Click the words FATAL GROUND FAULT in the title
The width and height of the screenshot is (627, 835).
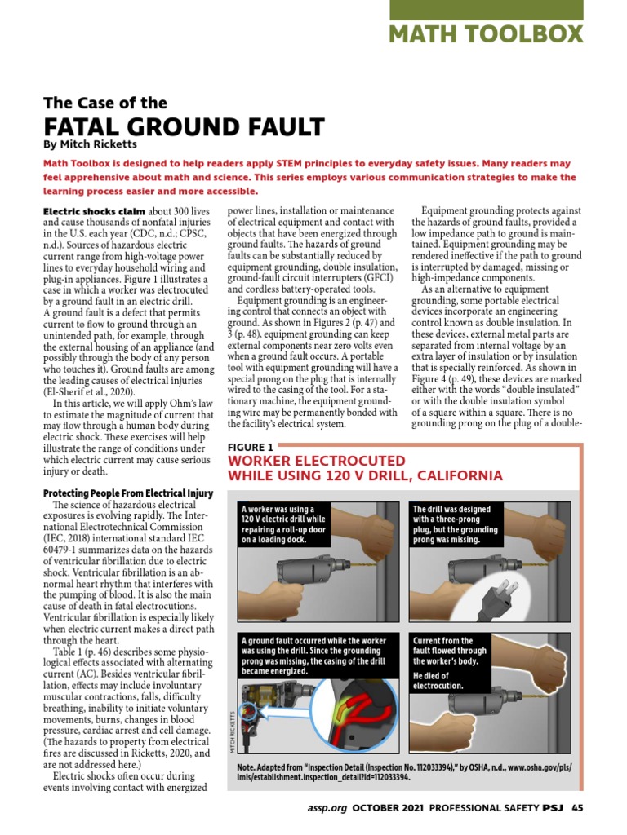(x=184, y=127)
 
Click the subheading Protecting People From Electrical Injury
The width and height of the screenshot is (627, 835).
(x=128, y=493)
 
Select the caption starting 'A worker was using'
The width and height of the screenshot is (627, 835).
(x=282, y=522)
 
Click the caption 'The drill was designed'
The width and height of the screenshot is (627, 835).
(x=454, y=522)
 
